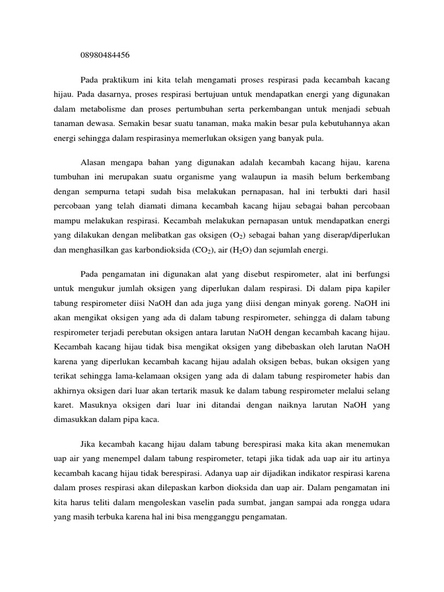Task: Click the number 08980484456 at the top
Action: [105, 55]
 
